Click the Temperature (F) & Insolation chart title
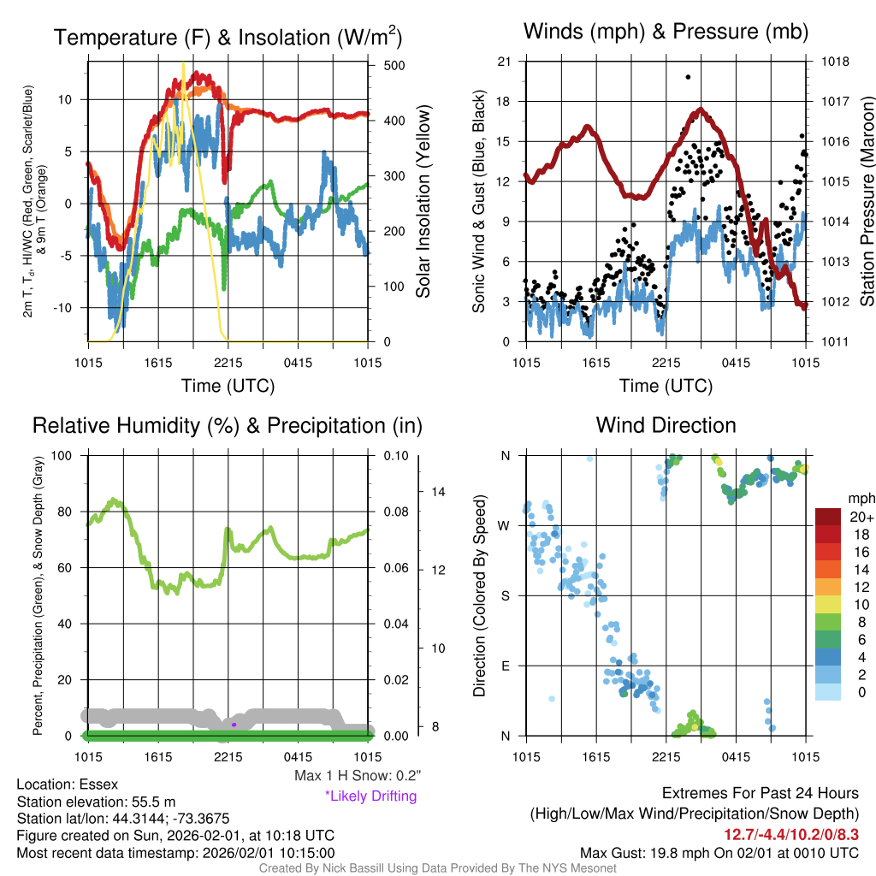pyautogui.click(x=228, y=37)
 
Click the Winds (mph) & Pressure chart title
pyautogui.click(x=666, y=32)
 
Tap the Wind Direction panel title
pyautogui.click(x=666, y=424)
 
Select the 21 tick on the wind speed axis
pyautogui.click(x=504, y=62)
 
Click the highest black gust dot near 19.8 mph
pyautogui.click(x=688, y=77)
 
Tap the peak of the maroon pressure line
pyautogui.click(x=701, y=109)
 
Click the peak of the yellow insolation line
pyautogui.click(x=182, y=64)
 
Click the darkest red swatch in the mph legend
pyautogui.click(x=828, y=517)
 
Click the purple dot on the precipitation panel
pyautogui.click(x=234, y=725)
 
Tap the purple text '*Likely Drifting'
pyautogui.click(x=370, y=796)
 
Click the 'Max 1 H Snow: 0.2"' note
pyautogui.click(x=358, y=776)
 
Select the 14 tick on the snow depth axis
pyautogui.click(x=439, y=492)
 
